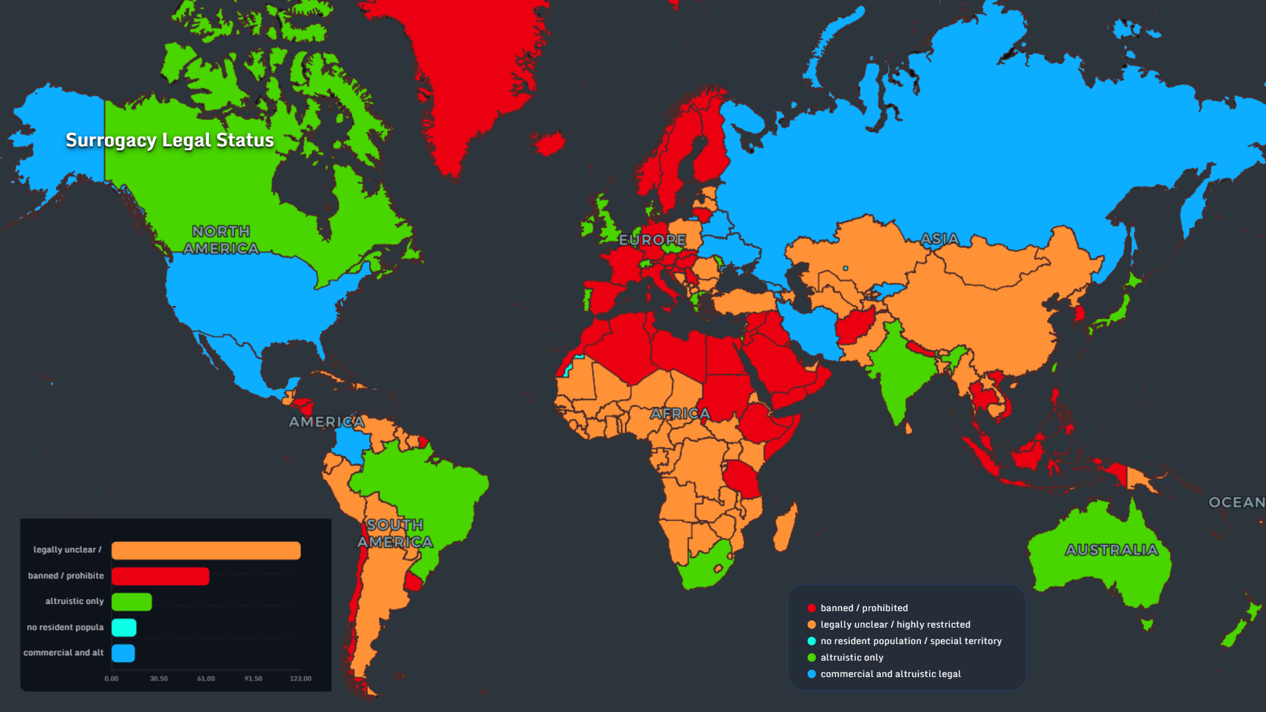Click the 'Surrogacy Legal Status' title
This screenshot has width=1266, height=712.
[x=169, y=140]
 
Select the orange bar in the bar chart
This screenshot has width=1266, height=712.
[x=206, y=550]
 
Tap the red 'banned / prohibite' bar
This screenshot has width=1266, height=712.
[x=160, y=576]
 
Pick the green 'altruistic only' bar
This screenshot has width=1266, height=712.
[x=131, y=602]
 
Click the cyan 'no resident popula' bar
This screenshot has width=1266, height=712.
[x=124, y=628]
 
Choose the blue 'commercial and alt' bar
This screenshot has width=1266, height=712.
[x=123, y=653]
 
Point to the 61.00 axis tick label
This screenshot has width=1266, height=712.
[x=206, y=678]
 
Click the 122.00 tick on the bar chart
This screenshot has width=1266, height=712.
[x=300, y=678]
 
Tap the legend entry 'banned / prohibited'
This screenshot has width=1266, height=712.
[x=864, y=608]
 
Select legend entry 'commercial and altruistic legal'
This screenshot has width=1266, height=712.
[x=890, y=674]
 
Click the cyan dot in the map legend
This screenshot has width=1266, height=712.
[x=812, y=641]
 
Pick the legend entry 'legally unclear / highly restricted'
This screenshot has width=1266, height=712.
[x=895, y=624]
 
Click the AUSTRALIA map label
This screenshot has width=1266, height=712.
[x=1112, y=550]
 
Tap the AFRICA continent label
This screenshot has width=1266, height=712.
[x=680, y=414]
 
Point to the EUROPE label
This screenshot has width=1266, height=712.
[x=652, y=240]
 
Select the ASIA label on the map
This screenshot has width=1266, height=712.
[x=940, y=239]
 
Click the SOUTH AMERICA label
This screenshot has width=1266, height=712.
[x=395, y=533]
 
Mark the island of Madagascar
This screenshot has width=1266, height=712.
[x=785, y=527]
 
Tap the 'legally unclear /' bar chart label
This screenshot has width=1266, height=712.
[x=67, y=550]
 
